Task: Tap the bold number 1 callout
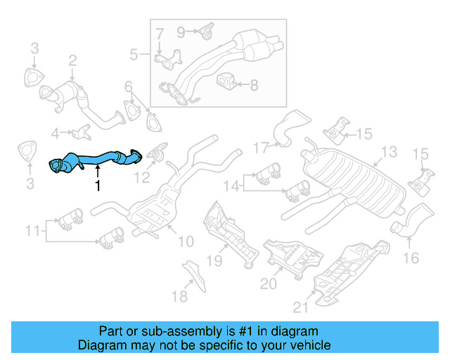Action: (97, 186)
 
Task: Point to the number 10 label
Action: (185, 242)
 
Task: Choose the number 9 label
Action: (181, 31)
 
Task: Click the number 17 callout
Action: (261, 148)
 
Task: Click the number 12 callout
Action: (143, 176)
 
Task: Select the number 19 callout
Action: (214, 262)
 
